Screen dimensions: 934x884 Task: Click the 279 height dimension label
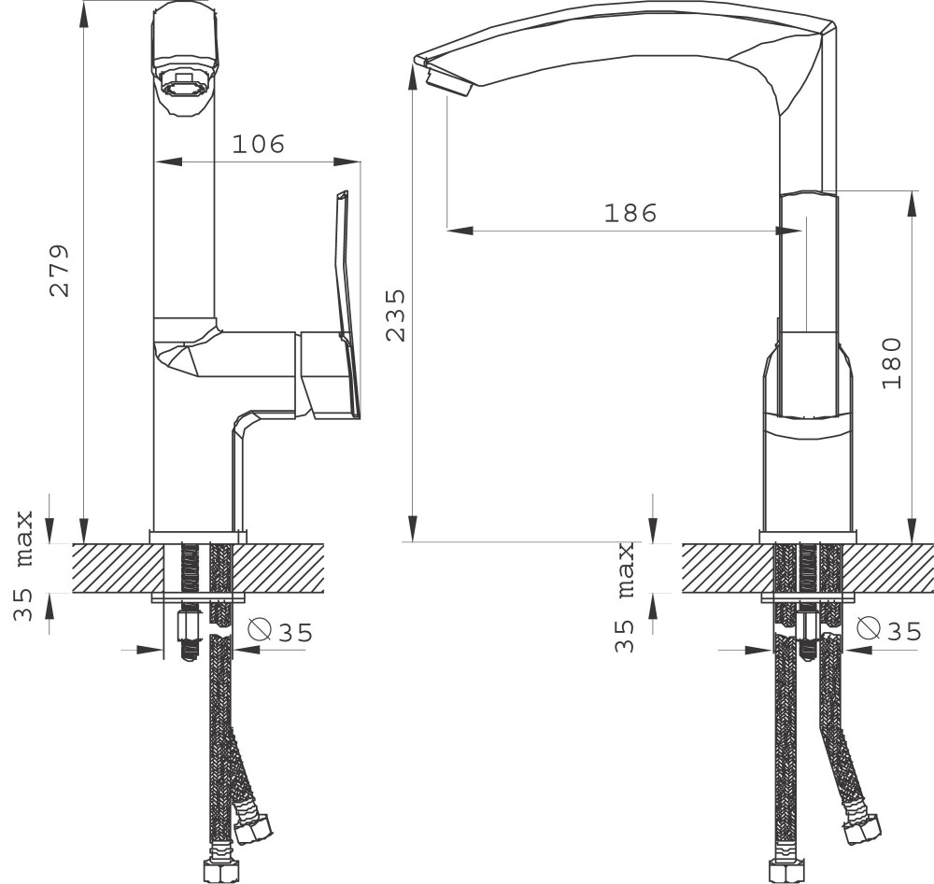60,270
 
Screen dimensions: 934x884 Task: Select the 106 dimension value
259,144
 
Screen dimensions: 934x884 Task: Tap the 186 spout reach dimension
630,213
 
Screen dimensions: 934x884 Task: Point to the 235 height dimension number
395,315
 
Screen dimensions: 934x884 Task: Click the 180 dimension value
891,363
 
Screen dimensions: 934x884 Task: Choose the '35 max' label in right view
624,597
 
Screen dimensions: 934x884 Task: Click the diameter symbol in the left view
260,628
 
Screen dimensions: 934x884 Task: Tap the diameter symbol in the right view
869,627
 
